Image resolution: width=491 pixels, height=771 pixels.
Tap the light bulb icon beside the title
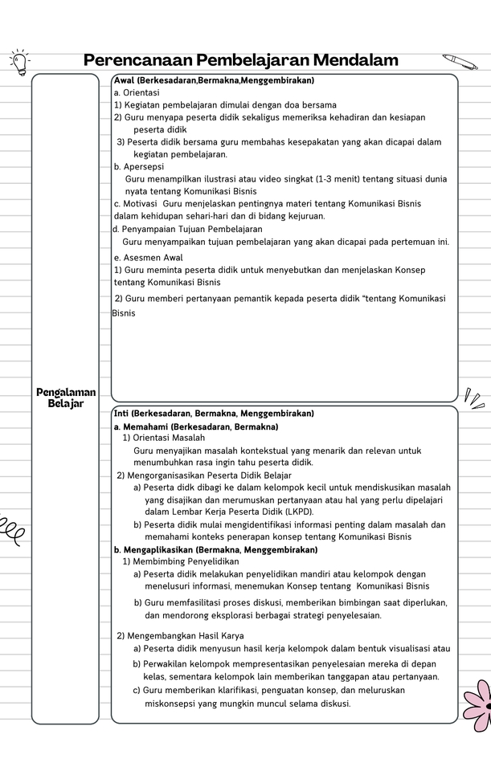click(x=18, y=60)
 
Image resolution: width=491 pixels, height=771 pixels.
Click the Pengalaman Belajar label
click(x=66, y=398)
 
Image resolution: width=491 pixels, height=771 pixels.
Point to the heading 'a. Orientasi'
click(x=137, y=93)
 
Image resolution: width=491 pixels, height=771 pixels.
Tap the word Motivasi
click(x=140, y=204)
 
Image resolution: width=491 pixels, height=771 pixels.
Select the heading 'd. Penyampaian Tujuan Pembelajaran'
click(x=182, y=229)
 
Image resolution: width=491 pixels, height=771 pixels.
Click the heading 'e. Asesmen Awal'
click(x=149, y=258)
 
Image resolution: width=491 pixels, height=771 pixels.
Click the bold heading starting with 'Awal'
click(x=214, y=81)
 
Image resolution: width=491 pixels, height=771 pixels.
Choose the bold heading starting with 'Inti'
click(x=214, y=414)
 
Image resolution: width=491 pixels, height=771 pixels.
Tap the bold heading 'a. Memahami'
click(x=196, y=426)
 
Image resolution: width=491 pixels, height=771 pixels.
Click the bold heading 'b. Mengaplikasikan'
click(x=215, y=550)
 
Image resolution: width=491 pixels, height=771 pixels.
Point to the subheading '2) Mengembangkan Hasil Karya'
click(x=180, y=636)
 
